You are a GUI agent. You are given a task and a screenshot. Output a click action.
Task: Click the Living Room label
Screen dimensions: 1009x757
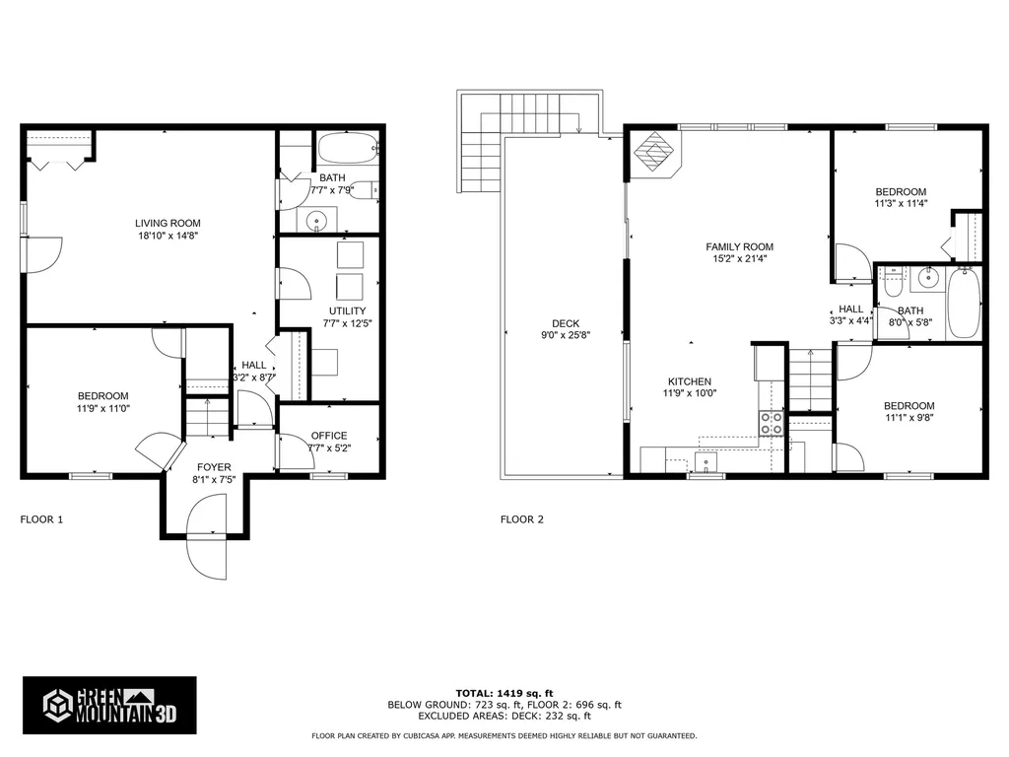[x=168, y=224]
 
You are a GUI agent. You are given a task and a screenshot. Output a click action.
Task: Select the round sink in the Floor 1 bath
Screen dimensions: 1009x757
[x=316, y=220]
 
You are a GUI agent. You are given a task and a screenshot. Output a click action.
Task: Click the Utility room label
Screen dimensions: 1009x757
[x=348, y=310]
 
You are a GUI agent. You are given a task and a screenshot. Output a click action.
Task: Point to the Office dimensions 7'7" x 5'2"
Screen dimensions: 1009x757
[x=329, y=448]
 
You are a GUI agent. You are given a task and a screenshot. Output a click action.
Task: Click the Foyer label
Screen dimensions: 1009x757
[x=214, y=467]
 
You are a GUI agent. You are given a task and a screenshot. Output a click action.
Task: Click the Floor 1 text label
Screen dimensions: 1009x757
[x=41, y=519]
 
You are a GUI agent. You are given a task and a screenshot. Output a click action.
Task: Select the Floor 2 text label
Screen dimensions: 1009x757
[x=522, y=519]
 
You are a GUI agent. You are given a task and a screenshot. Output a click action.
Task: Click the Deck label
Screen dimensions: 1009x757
[x=566, y=323]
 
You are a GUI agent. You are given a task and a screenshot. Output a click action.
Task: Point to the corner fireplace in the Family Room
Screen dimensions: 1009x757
[x=653, y=154]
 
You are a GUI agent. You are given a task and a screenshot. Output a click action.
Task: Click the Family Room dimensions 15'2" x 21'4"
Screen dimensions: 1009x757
[x=739, y=259]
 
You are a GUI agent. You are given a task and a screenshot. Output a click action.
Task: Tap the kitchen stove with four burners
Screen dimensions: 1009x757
[x=772, y=423]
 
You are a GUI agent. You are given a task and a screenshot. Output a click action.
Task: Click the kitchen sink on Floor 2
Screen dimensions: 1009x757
[x=706, y=461]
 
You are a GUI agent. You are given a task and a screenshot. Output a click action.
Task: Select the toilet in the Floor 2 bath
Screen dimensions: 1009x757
[x=892, y=282]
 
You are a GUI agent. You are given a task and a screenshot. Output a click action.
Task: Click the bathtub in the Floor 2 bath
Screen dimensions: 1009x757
[x=963, y=304]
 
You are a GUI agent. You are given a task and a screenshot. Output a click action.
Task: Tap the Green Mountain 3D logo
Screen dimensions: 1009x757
[x=109, y=706]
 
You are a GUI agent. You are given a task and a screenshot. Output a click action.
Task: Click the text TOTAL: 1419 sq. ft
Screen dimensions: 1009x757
[x=504, y=693]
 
